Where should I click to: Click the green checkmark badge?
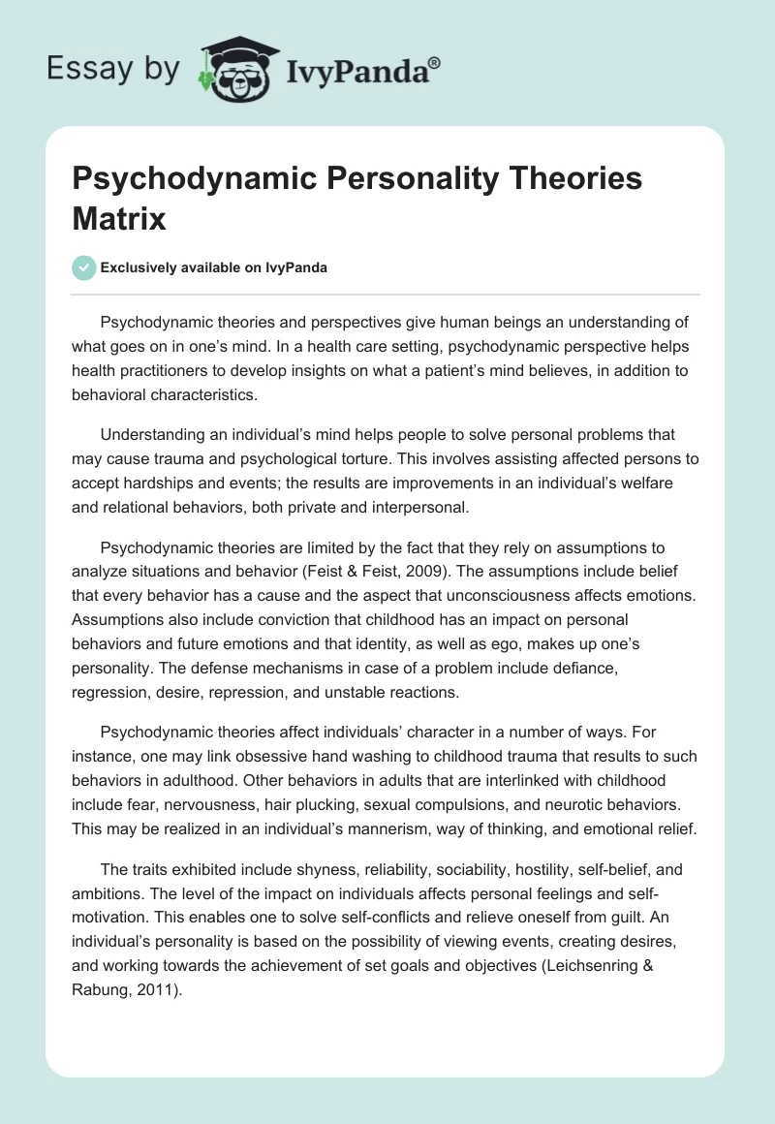(x=83, y=268)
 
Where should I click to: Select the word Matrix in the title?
(x=117, y=218)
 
